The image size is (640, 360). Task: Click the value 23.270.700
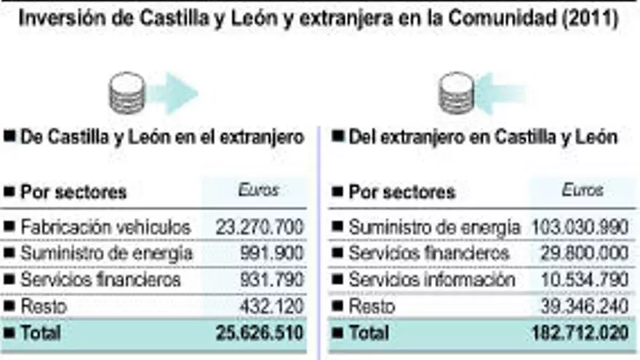[259, 227]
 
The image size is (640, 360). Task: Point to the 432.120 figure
[271, 306]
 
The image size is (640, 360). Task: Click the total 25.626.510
[259, 333]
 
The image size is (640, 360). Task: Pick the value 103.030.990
[580, 227]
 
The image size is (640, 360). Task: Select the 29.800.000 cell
[584, 253]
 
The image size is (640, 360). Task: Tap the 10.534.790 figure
[584, 279]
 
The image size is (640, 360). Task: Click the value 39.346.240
[584, 306]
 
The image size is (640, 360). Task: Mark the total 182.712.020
[580, 333]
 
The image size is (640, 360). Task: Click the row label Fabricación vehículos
[105, 227]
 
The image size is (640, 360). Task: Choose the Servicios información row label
[432, 279]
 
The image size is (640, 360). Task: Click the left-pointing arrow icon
[500, 93]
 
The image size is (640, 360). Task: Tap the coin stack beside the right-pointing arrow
[127, 92]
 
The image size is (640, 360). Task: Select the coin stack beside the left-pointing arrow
[457, 93]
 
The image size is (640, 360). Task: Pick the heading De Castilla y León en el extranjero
[161, 136]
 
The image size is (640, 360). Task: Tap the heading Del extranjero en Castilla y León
[483, 136]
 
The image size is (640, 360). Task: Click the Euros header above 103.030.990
[583, 191]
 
